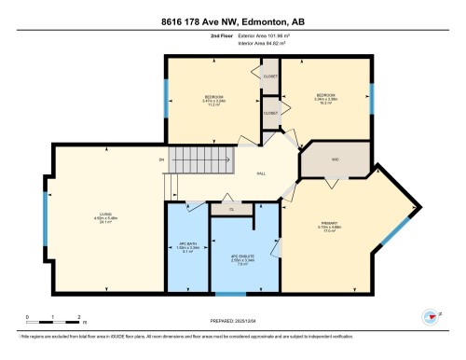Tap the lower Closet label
point(270,113)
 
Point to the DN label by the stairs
point(161,159)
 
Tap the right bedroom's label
point(326,95)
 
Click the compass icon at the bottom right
point(430,315)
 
